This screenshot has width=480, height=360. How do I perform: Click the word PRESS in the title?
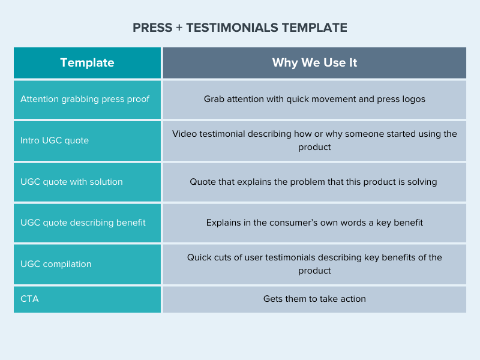point(152,28)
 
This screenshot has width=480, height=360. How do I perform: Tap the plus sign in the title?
point(179,28)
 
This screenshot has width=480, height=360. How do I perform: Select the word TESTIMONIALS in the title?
point(232,28)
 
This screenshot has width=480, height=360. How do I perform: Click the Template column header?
point(87,63)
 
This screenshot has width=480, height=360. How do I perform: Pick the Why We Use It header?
point(314,63)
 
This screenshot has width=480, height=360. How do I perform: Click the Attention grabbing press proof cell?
point(87,100)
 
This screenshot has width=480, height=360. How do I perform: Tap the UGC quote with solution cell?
point(87,182)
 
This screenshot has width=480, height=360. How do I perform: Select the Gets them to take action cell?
point(314,299)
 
